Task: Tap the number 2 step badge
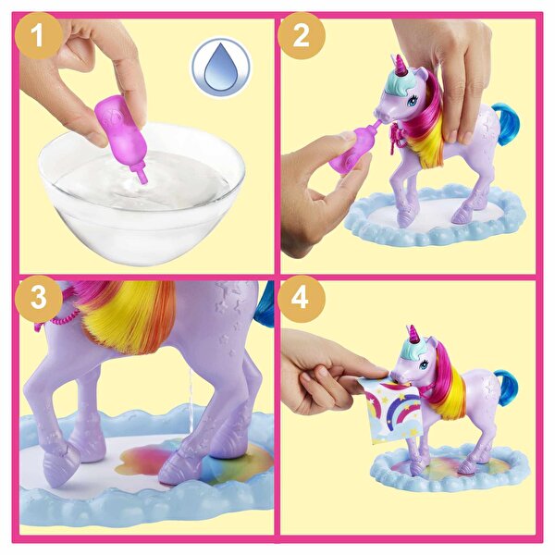click(x=301, y=37)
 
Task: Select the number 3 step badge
click(x=39, y=299)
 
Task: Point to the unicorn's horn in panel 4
click(x=413, y=331)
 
